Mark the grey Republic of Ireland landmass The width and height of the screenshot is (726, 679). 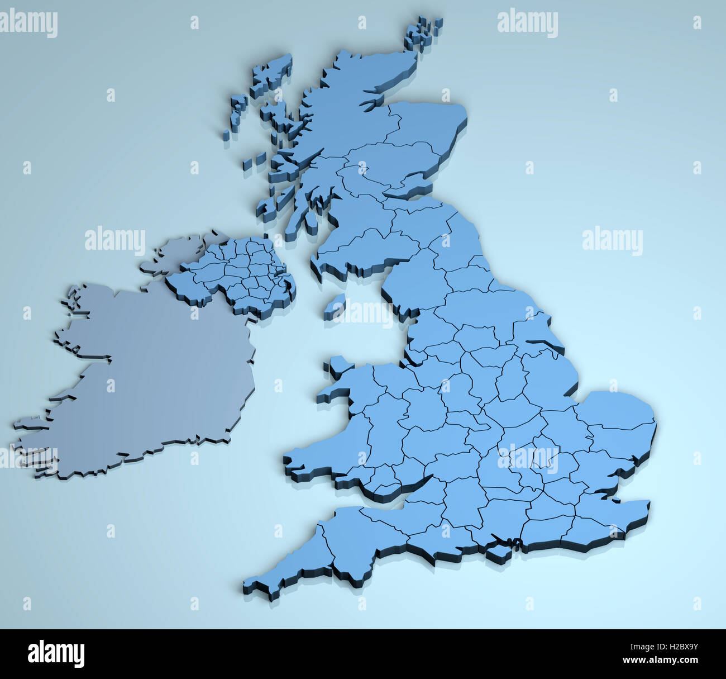pos(151,380)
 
